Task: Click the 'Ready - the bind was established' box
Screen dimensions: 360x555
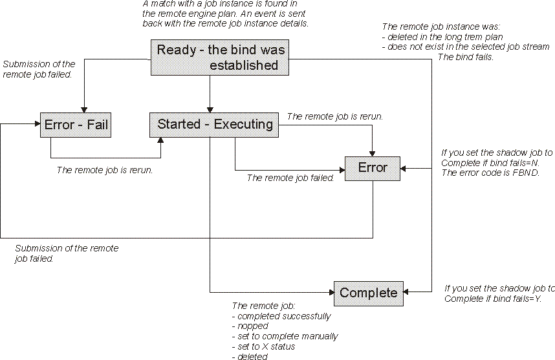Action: pyautogui.click(x=220, y=58)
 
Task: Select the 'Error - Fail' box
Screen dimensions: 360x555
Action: pyautogui.click(x=76, y=125)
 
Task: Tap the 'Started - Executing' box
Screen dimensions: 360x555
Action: pyautogui.click(x=214, y=124)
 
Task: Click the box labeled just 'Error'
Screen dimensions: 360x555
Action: pyautogui.click(x=372, y=168)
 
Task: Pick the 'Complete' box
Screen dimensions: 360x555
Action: pyautogui.click(x=368, y=293)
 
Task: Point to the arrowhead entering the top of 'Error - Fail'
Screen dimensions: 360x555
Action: pyautogui.click(x=83, y=109)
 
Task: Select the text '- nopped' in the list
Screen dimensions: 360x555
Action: pyautogui.click(x=251, y=326)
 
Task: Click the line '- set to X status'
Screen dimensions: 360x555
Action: pyautogui.click(x=264, y=346)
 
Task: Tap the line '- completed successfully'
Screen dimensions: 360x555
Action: pyautogui.click(x=281, y=316)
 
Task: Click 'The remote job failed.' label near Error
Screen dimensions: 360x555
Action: pyautogui.click(x=290, y=178)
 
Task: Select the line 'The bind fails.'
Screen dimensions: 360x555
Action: pyautogui.click(x=466, y=57)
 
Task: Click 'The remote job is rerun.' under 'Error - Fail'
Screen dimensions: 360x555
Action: pyautogui.click(x=105, y=171)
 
